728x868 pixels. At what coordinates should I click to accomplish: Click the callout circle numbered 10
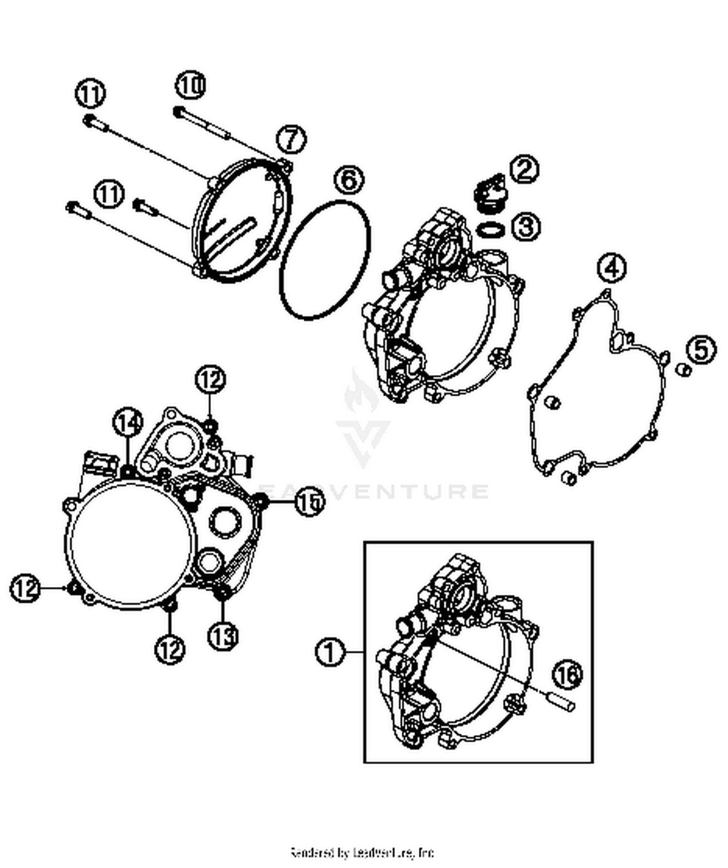click(x=191, y=86)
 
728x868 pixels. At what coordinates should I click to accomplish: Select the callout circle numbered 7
click(x=292, y=139)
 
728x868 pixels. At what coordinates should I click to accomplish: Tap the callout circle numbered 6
click(x=349, y=180)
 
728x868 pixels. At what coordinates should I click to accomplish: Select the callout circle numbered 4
click(x=612, y=267)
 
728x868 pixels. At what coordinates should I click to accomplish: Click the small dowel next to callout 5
click(x=684, y=370)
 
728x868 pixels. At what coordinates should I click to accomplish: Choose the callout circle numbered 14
click(x=128, y=424)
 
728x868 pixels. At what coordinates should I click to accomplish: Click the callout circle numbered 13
click(x=223, y=635)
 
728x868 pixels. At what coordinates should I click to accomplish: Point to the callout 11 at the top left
click(x=91, y=94)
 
